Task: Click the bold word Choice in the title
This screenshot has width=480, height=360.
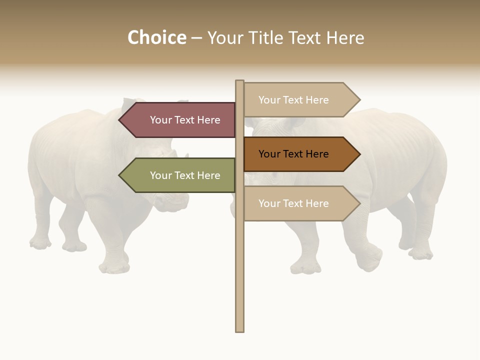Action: click(156, 38)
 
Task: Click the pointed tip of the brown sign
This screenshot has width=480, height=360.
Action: click(358, 154)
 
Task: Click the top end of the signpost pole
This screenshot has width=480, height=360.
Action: click(240, 82)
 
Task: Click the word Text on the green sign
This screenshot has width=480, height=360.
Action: click(184, 175)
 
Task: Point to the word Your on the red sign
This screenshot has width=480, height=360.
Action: click(160, 120)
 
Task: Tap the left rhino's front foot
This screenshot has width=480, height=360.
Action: click(114, 267)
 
